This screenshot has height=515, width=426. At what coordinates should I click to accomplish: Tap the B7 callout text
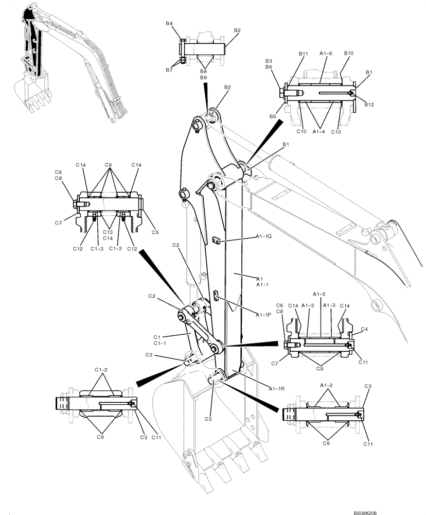click(169, 70)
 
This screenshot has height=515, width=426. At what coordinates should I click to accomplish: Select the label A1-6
click(326, 54)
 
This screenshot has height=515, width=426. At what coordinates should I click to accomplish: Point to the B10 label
click(348, 54)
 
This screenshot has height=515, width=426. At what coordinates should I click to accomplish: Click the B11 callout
click(303, 54)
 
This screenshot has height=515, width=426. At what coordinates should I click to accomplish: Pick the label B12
click(369, 105)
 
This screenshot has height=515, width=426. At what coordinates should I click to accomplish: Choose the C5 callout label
click(155, 232)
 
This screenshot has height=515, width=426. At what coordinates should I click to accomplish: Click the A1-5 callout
click(321, 294)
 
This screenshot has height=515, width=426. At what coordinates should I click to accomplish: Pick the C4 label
click(364, 329)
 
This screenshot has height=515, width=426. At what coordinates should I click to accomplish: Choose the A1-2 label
click(326, 385)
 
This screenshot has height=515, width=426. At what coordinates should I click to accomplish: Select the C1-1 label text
click(159, 343)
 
